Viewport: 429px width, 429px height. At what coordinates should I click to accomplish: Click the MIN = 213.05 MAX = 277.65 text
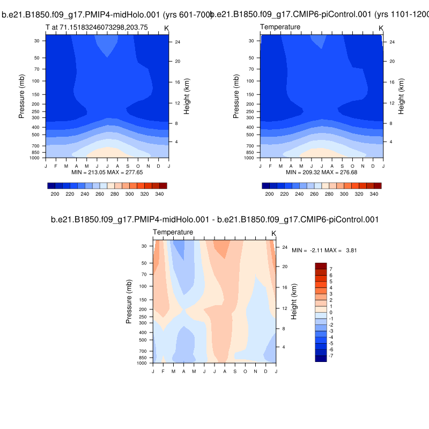click(x=107, y=173)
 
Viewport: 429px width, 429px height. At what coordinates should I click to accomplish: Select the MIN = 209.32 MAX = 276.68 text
click(x=322, y=173)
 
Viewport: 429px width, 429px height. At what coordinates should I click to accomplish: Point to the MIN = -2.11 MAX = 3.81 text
click(x=317, y=250)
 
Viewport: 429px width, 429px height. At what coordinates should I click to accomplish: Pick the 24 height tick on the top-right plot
click(x=391, y=41)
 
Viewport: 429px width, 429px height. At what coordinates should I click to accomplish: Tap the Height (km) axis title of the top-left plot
click(x=187, y=96)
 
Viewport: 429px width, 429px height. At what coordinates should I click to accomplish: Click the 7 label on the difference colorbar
click(x=331, y=269)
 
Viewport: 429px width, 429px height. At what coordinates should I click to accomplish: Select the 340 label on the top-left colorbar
click(x=159, y=194)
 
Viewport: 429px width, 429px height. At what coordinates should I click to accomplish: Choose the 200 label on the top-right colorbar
click(x=270, y=194)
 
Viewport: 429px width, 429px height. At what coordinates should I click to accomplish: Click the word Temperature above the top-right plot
click(x=280, y=27)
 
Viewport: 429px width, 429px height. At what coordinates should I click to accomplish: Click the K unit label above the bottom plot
click(x=273, y=233)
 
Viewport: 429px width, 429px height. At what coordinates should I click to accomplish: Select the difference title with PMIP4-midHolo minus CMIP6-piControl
click(x=214, y=219)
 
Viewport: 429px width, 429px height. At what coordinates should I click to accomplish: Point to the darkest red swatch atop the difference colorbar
click(x=321, y=266)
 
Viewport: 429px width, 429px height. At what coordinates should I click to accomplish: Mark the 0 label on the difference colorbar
click(x=331, y=313)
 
